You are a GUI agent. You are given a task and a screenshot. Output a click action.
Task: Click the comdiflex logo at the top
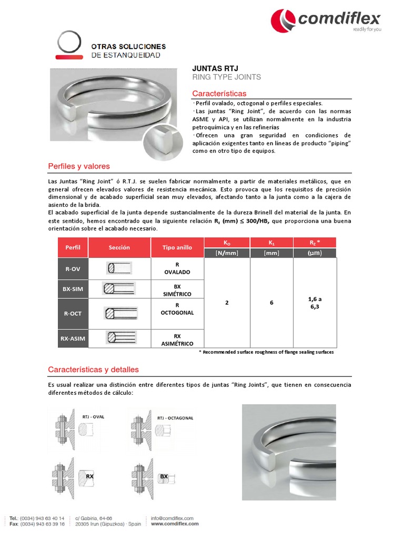point(326,21)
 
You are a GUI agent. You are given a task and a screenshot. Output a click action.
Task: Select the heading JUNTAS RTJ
point(215,68)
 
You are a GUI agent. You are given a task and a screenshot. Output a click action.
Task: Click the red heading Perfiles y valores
point(79,166)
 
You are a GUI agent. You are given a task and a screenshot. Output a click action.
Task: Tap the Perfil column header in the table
point(73,247)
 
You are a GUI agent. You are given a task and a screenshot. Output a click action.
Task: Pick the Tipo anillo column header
point(177,247)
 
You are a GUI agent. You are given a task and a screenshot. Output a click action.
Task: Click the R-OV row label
point(73,268)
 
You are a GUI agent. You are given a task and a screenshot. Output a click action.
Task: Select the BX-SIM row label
point(73,289)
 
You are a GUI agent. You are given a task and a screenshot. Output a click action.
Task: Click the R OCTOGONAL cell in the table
point(177,309)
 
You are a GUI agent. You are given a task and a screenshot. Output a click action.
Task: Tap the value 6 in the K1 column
point(271,303)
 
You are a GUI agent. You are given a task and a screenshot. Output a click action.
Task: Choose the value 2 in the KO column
point(227,303)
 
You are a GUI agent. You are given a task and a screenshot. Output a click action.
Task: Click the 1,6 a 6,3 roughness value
point(315,303)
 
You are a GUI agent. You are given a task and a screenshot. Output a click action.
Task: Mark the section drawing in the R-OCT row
point(120,313)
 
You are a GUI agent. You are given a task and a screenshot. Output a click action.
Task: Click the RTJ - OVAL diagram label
point(93,417)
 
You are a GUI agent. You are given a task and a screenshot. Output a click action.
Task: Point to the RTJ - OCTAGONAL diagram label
point(175,418)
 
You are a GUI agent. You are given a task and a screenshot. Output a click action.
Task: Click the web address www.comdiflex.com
point(171,524)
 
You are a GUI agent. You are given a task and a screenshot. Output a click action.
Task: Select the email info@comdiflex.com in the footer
point(171,518)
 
